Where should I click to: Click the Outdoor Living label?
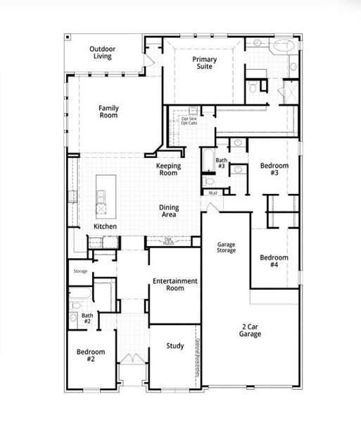[103, 53]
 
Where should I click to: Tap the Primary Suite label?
[205, 63]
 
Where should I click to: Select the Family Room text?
[108, 111]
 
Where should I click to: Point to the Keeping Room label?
[169, 169]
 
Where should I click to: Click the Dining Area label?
[169, 210]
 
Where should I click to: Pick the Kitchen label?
[106, 226]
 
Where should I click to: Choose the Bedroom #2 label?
[91, 355]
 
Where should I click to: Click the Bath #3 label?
[221, 164]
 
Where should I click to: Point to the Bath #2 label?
[87, 319]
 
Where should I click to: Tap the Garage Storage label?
[225, 247]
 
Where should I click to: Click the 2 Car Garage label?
[250, 330]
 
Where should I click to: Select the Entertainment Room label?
[175, 284]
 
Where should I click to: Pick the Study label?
[175, 346]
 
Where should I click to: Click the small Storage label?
[80, 270]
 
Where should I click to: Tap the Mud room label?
[212, 192]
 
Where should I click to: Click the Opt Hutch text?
[168, 240]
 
